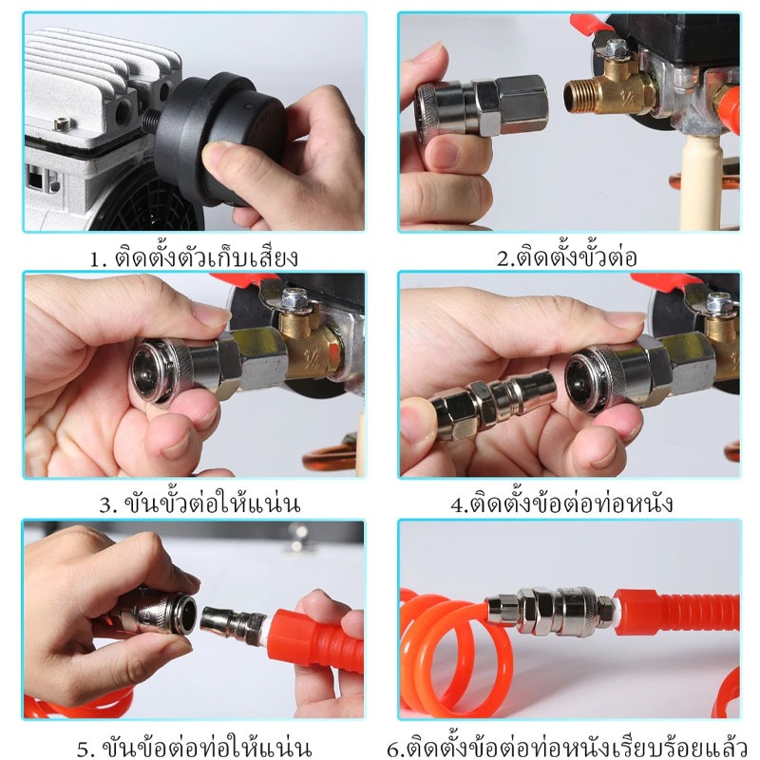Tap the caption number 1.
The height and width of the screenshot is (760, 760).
pyautogui.click(x=98, y=258)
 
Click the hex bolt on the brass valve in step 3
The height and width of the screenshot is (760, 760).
pyautogui.click(x=294, y=298)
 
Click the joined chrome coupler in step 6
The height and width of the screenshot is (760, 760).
pyautogui.click(x=551, y=611)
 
